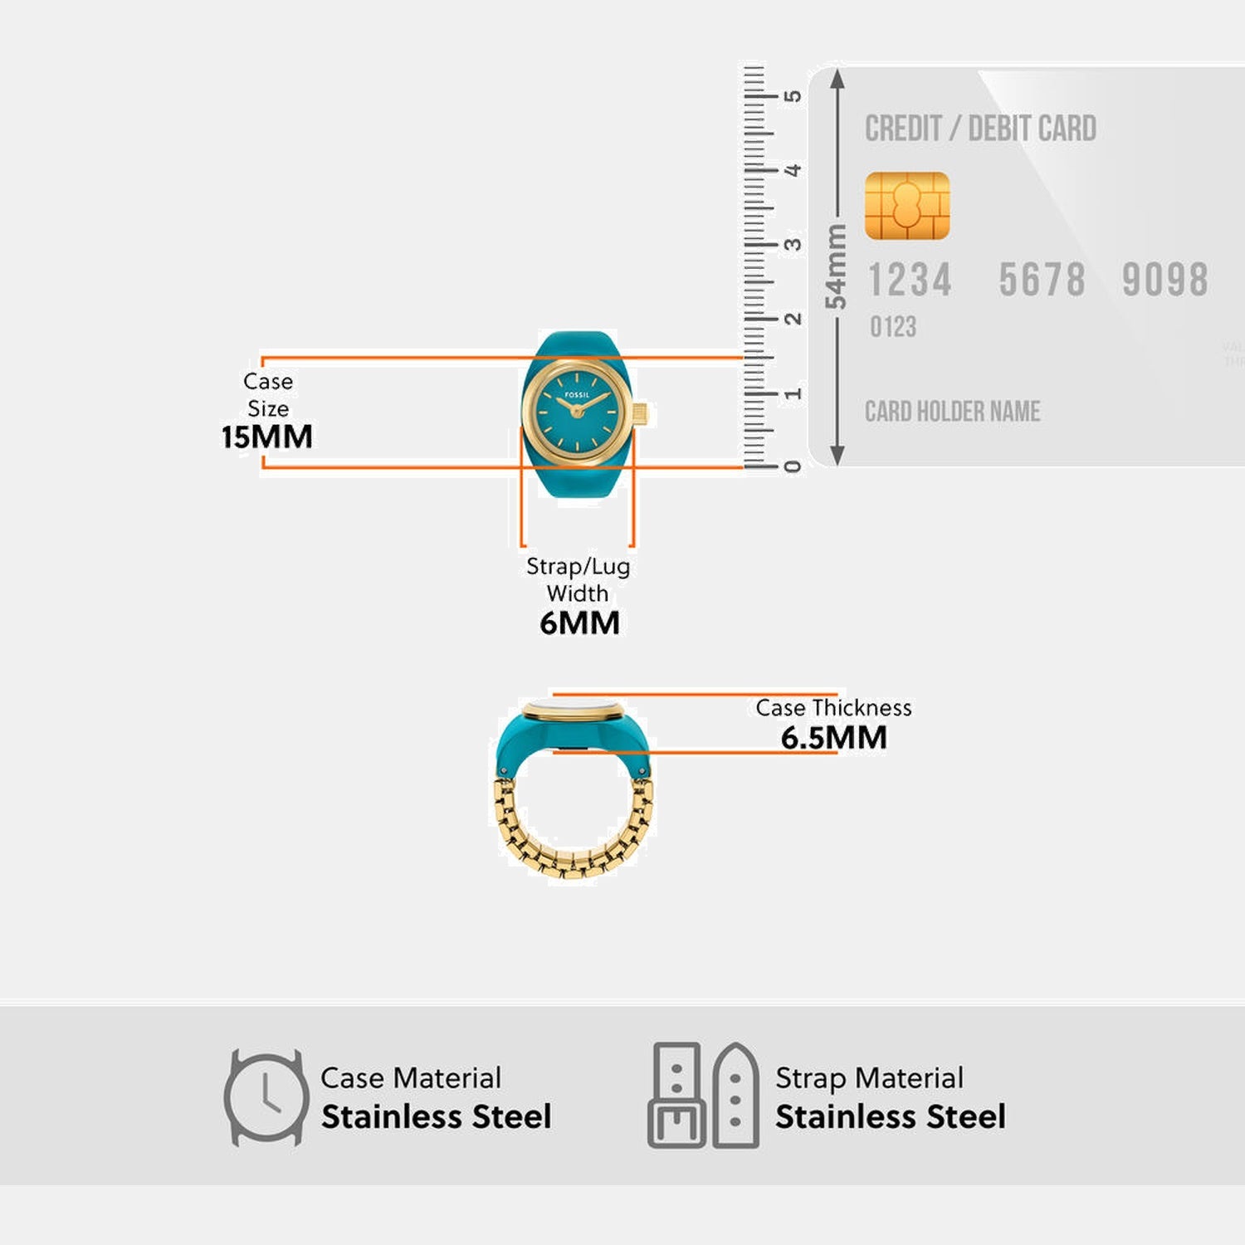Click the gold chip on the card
[906, 206]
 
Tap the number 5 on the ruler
[793, 96]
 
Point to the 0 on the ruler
[793, 466]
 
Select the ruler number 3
[793, 245]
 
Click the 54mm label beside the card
[836, 266]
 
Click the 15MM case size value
[266, 437]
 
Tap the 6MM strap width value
[579, 622]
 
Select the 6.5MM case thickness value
[833, 737]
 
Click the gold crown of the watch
[640, 413]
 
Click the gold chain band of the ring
[573, 859]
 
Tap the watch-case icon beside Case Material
[266, 1098]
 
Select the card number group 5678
[1042, 280]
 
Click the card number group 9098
[1164, 280]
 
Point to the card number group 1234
[910, 280]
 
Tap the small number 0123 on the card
[893, 327]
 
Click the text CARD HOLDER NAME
[952, 412]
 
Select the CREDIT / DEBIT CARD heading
[980, 129]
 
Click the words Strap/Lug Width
[579, 579]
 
